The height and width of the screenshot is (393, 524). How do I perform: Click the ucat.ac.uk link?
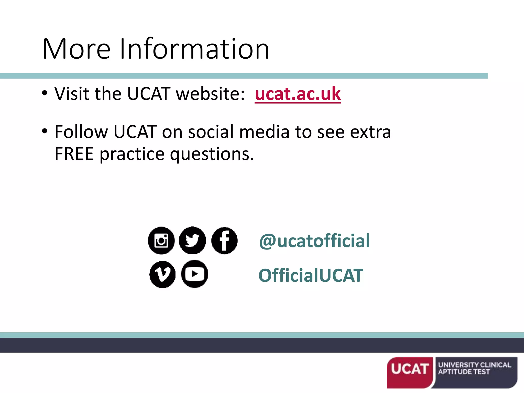pos(298,94)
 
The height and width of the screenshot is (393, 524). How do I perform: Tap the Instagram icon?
pos(161,241)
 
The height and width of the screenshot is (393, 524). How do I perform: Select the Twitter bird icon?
pos(192,241)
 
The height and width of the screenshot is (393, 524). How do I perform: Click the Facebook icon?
pos(224,241)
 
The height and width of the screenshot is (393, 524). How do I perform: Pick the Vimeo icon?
pos(162,275)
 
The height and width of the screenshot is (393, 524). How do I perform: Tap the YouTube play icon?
pos(194,274)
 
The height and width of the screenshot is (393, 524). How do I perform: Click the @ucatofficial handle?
pos(314,241)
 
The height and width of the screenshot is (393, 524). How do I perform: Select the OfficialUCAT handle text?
pos(311,276)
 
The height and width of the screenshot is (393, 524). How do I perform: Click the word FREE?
pos(74,154)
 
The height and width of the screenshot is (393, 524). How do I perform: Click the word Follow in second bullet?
pos(81,132)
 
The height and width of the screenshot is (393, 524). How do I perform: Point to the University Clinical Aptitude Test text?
pos(474,368)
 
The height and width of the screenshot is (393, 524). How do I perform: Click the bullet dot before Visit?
pos(45,93)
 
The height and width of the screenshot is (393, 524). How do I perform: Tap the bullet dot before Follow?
pos(45,131)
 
